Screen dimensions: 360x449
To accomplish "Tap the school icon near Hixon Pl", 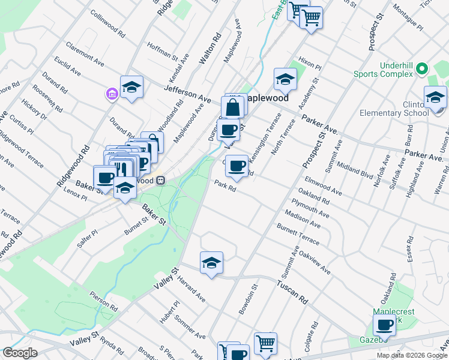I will (x=285, y=79).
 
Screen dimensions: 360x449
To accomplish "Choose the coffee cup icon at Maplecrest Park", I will (x=384, y=325).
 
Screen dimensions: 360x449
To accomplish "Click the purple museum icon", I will (x=111, y=94).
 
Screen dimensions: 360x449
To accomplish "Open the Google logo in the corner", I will (x=20, y=353).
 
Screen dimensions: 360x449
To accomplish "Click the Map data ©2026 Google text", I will (x=412, y=355).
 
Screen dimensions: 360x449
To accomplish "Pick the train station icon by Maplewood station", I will (x=160, y=180).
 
